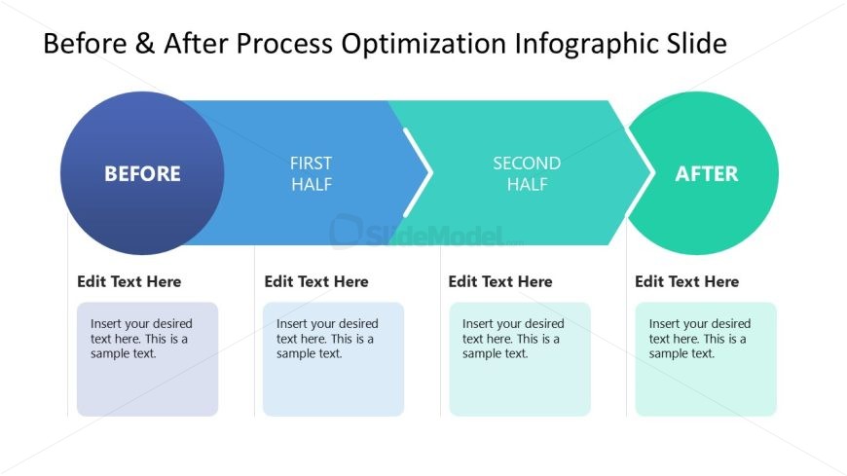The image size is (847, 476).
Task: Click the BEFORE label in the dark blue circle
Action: click(142, 174)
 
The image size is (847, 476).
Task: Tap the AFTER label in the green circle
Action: click(707, 174)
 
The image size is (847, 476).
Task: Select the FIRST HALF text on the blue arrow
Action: click(312, 173)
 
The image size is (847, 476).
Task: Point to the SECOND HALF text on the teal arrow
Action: click(527, 173)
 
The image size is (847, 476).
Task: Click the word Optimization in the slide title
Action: click(423, 44)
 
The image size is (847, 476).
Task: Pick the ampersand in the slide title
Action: click(145, 43)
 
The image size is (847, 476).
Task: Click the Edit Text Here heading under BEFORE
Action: click(129, 281)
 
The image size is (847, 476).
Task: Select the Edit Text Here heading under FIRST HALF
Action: click(316, 281)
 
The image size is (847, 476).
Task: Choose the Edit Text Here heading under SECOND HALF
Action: click(500, 281)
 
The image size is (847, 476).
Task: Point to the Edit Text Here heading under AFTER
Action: click(687, 281)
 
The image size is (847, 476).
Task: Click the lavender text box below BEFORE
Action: click(147, 359)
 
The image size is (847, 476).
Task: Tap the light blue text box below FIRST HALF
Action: click(333, 359)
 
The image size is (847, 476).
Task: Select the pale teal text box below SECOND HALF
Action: click(520, 359)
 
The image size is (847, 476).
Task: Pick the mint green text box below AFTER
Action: click(706, 359)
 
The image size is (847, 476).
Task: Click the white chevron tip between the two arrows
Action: click(431, 173)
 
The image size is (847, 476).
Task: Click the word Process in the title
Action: click(284, 43)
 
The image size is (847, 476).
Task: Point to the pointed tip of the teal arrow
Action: click(652, 173)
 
